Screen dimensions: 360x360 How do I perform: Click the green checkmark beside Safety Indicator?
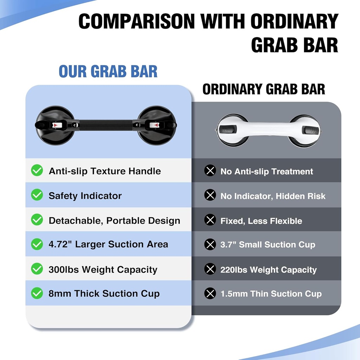(37, 195)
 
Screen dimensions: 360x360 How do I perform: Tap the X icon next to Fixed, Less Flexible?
(210, 220)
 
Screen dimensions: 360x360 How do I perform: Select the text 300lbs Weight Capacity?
(103, 270)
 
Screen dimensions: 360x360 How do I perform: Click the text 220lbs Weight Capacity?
(268, 270)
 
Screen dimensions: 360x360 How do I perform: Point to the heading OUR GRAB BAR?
(108, 71)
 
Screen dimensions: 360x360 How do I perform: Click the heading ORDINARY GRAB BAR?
(264, 89)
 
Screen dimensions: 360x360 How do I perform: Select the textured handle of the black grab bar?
(105, 124)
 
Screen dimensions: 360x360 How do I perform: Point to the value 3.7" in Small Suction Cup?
(228, 245)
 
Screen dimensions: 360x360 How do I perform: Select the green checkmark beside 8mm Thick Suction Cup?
(37, 293)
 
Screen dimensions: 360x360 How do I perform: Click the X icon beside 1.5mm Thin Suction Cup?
(210, 294)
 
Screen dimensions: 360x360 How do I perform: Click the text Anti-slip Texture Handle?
(104, 171)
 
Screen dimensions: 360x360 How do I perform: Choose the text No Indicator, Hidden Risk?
(273, 196)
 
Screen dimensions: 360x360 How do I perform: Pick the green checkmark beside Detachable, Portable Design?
(37, 220)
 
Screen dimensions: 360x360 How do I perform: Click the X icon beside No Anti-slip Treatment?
(210, 171)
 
